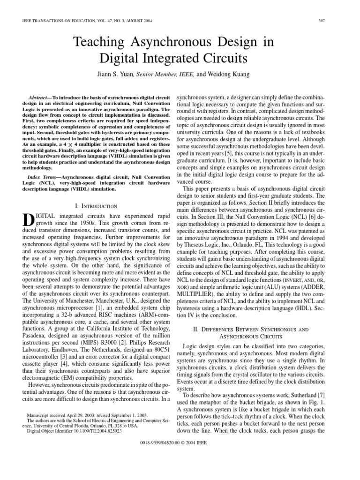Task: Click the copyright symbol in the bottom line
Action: (200, 442)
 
